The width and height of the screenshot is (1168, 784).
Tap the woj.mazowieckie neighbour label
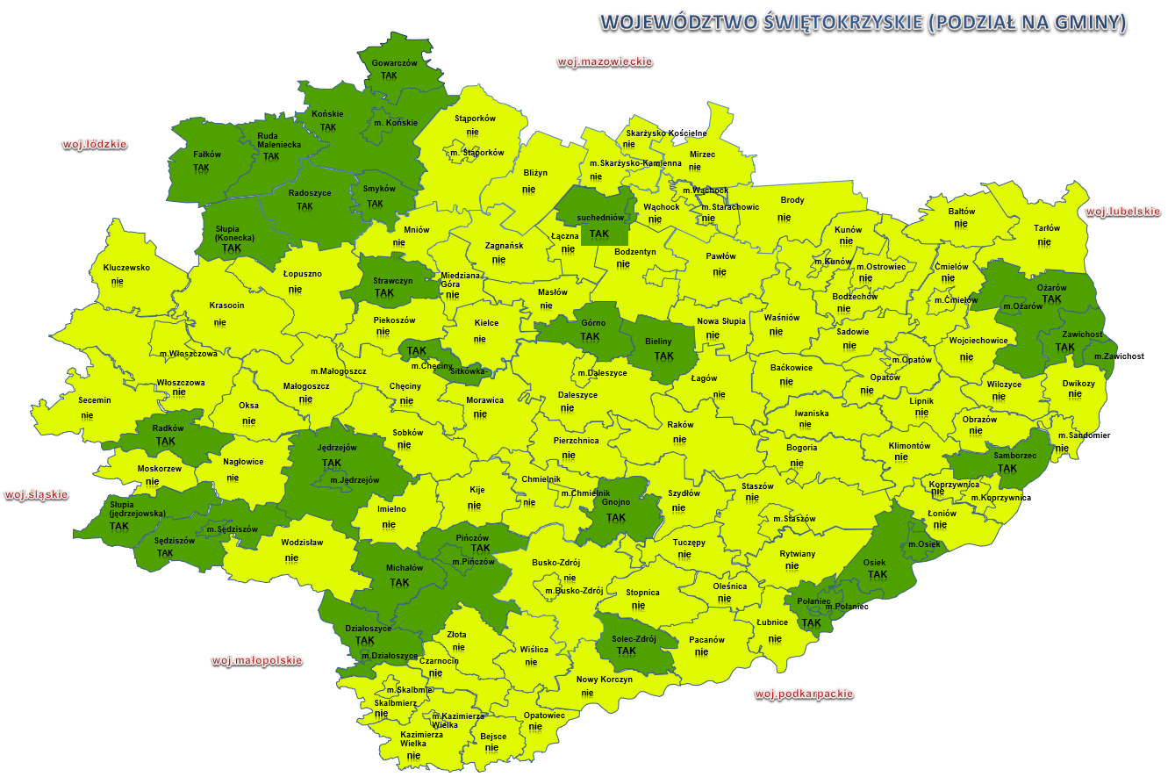click(605, 62)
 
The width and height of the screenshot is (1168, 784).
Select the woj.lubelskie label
click(1122, 212)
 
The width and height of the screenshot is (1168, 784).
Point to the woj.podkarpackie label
click(804, 694)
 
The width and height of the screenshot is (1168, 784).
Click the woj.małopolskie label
click(257, 660)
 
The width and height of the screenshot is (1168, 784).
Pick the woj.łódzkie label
click(94, 145)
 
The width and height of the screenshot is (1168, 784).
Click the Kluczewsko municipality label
click(126, 267)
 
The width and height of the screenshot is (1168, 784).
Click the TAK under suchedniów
click(599, 234)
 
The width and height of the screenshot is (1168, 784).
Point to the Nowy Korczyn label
click(604, 680)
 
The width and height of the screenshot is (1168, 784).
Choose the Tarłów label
click(1046, 228)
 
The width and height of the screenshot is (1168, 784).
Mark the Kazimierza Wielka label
click(421, 738)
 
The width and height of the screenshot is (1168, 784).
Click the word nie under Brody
click(785, 217)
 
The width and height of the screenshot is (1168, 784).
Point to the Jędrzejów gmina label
click(336, 448)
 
